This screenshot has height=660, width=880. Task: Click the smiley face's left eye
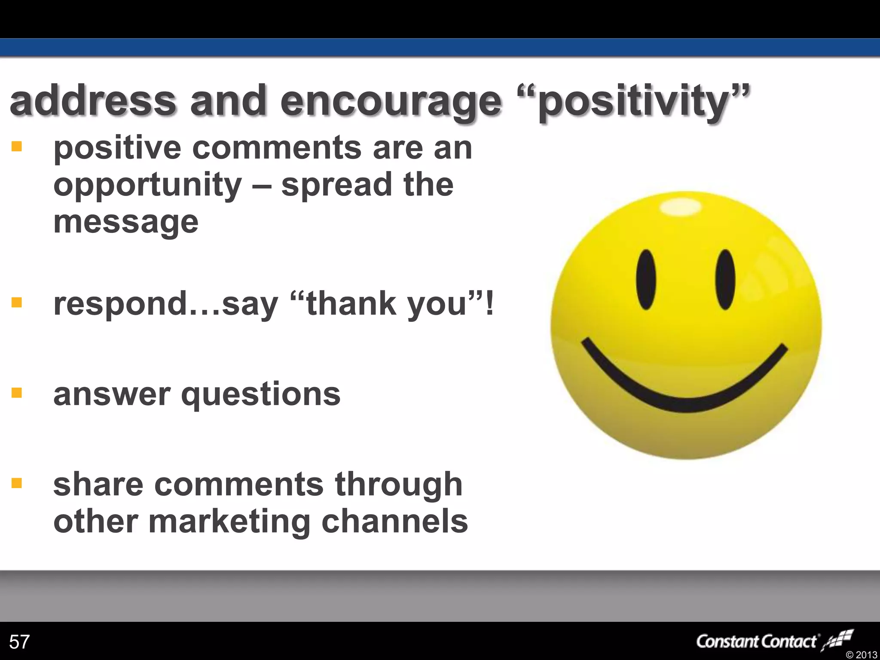(x=646, y=280)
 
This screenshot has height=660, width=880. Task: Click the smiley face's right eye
(x=725, y=280)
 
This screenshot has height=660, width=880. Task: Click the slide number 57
(x=19, y=642)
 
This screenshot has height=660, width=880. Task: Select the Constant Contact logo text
(x=756, y=642)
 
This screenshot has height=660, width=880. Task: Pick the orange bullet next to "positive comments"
(x=17, y=147)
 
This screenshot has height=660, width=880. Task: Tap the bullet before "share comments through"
(x=17, y=483)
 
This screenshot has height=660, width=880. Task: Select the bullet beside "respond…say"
(x=17, y=303)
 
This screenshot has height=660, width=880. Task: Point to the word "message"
(x=126, y=223)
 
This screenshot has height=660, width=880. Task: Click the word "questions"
(x=261, y=394)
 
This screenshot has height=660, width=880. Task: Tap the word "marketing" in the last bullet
(x=229, y=522)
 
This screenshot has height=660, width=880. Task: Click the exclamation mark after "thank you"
(x=489, y=303)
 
